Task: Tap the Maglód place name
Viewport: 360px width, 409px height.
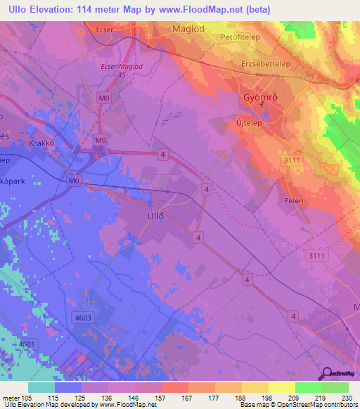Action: tap(188, 30)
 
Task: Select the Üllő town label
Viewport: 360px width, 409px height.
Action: tap(155, 216)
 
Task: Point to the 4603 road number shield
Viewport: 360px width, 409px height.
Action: tap(83, 318)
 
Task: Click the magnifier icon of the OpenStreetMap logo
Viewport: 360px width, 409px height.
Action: tap(326, 374)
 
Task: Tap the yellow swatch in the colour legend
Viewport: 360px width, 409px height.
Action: tap(281, 387)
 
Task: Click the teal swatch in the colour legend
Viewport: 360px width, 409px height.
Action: tap(41, 387)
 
